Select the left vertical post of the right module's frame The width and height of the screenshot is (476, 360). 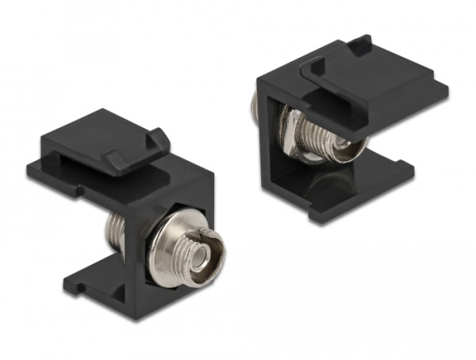pyautogui.click(x=269, y=143)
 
